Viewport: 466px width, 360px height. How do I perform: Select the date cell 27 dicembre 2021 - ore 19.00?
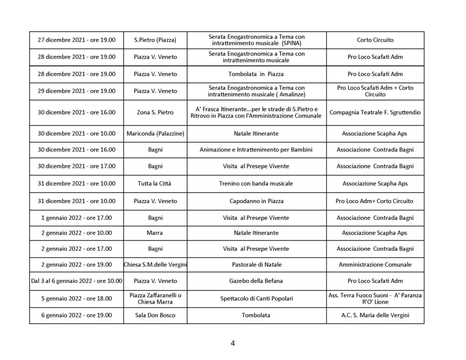pos(76,40)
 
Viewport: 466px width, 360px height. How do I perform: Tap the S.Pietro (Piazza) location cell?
pos(155,40)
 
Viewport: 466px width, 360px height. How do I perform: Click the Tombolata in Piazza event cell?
pos(257,74)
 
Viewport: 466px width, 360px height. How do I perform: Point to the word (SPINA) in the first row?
pos(295,43)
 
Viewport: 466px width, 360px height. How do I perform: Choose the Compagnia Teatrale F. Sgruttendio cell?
pos(375,112)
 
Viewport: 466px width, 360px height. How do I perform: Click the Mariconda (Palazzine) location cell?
pos(155,134)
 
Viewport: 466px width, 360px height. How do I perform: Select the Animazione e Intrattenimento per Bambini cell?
pos(257,149)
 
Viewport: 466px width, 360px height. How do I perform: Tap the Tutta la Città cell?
pos(155,183)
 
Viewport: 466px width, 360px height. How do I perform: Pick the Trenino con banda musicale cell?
pos(257,183)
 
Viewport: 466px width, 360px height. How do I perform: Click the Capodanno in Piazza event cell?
pos(257,201)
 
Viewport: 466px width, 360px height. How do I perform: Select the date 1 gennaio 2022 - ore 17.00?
pos(76,218)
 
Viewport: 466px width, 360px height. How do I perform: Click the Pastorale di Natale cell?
pos(257,264)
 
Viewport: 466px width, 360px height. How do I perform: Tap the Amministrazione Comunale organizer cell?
pos(375,264)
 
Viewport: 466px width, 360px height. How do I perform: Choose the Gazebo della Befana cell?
pos(257,281)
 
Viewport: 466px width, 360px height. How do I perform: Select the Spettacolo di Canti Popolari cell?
pos(257,299)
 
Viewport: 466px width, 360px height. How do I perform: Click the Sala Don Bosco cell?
pos(155,315)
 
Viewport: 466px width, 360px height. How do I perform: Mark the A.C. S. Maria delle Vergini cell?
pos(375,315)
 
